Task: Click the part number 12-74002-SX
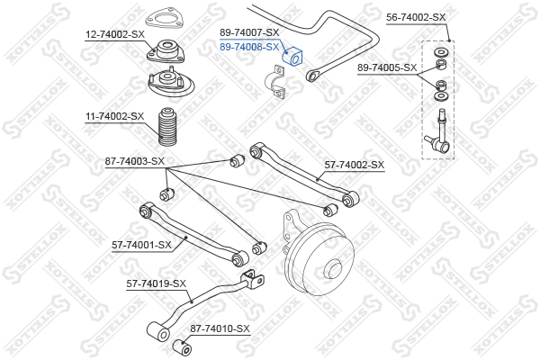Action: pos(115,34)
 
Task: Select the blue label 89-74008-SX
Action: pos(249,47)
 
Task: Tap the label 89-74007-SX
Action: pos(249,32)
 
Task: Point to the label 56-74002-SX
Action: pos(416,17)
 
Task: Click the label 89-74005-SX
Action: pos(387,67)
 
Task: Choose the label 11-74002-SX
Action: pos(114,116)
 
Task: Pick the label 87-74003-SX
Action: pos(135,161)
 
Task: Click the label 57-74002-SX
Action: pos(355,165)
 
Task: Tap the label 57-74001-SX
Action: pos(141,246)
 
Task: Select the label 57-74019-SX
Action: pos(156,283)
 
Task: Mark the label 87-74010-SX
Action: pos(220,328)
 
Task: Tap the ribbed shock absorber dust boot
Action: pos(167,127)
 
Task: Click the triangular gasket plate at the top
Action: pos(164,19)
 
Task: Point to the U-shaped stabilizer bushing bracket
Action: pos(274,82)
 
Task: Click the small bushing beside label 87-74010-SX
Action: pos(182,347)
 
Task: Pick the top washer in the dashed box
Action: pos(440,53)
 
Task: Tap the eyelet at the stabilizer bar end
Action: pos(312,76)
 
